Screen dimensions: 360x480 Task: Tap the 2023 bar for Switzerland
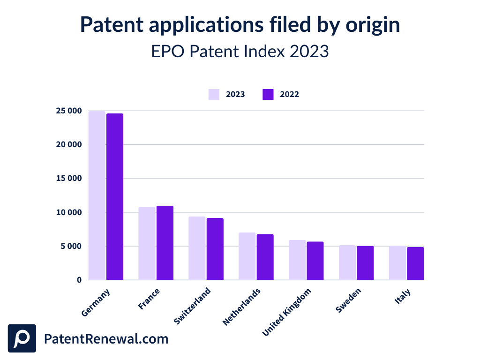(197, 248)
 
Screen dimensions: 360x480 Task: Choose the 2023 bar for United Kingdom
(297, 260)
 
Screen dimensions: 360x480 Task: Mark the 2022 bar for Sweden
(365, 263)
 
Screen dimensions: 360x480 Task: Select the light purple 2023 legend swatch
(214, 94)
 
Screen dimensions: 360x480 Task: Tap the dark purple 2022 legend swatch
(268, 94)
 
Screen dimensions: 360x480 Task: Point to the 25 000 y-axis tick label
(69, 111)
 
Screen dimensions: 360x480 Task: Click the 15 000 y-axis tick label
(69, 179)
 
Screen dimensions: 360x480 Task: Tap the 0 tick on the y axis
(79, 280)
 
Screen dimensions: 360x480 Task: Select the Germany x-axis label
(96, 302)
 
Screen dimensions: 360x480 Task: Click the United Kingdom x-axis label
(287, 312)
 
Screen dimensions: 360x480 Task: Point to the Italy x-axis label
(403, 297)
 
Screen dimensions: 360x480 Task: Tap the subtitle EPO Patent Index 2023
(240, 51)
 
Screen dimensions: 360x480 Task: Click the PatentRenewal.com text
(106, 339)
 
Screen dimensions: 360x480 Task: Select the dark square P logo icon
(22, 338)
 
